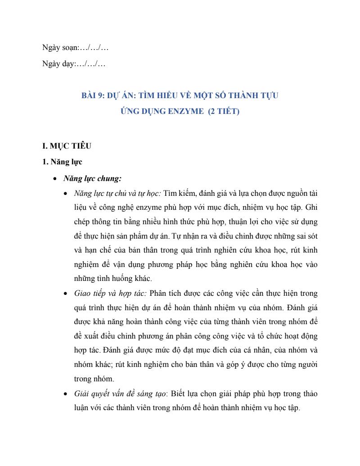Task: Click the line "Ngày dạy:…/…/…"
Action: point(74,64)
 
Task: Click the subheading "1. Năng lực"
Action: point(62,162)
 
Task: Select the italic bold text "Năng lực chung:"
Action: point(92,178)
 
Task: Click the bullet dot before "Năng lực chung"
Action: point(54,179)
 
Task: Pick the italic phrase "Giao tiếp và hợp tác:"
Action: point(110,294)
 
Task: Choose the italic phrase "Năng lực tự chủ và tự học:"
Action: point(117,194)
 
